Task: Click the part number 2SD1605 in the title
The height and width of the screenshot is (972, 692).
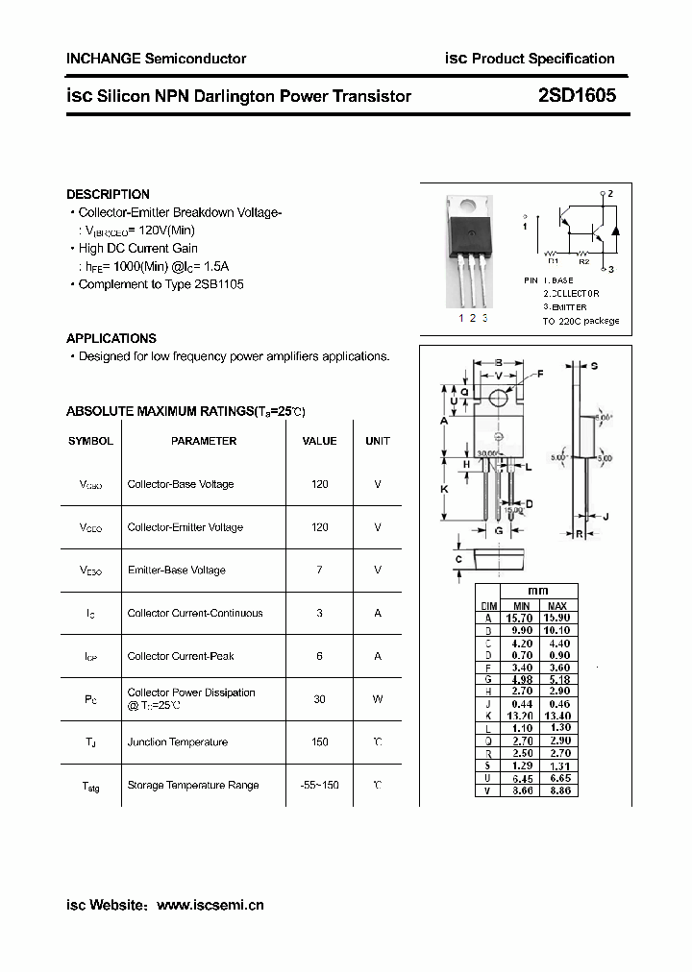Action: (577, 96)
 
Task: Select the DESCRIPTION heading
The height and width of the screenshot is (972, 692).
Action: (108, 194)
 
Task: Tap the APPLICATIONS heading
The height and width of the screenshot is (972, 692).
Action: (111, 338)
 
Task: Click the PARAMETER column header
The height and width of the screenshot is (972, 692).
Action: (204, 441)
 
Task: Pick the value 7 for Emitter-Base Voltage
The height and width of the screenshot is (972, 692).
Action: (320, 570)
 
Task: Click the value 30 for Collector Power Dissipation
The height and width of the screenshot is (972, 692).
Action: (320, 699)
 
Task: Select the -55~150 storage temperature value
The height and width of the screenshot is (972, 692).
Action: (320, 785)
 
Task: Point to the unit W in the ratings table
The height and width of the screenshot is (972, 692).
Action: (378, 699)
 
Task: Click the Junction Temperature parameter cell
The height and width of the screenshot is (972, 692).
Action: (178, 742)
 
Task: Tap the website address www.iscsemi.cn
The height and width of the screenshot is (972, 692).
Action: (210, 905)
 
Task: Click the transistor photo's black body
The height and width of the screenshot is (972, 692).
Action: (472, 233)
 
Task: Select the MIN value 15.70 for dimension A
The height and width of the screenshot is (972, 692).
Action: (521, 619)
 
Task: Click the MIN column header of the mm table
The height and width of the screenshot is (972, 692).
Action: (521, 606)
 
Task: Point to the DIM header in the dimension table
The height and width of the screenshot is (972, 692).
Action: (488, 606)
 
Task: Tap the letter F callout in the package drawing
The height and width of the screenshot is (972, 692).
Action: (539, 374)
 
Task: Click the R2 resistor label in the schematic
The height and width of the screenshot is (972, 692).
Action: (583, 260)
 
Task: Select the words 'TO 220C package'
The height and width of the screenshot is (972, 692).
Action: (581, 321)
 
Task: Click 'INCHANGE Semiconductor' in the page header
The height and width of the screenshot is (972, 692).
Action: (156, 59)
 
